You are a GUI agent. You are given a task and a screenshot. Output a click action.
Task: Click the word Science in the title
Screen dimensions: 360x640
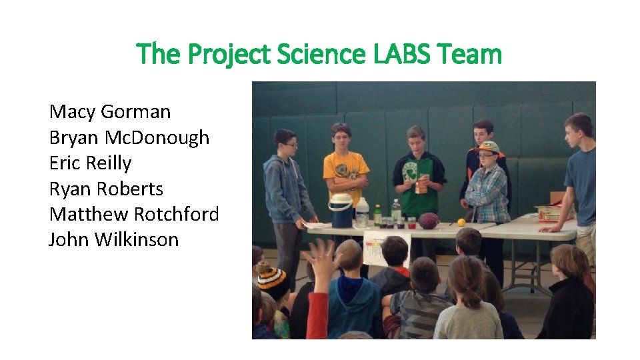[x=327, y=54]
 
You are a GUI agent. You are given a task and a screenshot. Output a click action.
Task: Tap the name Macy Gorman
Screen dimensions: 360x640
[x=110, y=112]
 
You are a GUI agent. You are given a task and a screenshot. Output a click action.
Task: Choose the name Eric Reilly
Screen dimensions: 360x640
[x=90, y=163]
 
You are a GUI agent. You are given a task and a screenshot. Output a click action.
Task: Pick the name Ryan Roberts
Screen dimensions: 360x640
[x=106, y=189]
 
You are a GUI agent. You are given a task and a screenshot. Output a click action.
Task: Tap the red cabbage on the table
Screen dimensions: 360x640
[x=429, y=220]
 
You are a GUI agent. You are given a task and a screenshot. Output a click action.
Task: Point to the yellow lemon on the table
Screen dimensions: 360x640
[x=461, y=223]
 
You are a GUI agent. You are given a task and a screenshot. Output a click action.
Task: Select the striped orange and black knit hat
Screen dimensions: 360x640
[x=274, y=280]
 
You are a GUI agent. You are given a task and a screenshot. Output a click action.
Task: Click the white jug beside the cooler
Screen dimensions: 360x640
[x=362, y=213]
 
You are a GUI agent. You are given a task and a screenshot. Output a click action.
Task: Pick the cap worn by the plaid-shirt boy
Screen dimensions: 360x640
[x=490, y=147]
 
